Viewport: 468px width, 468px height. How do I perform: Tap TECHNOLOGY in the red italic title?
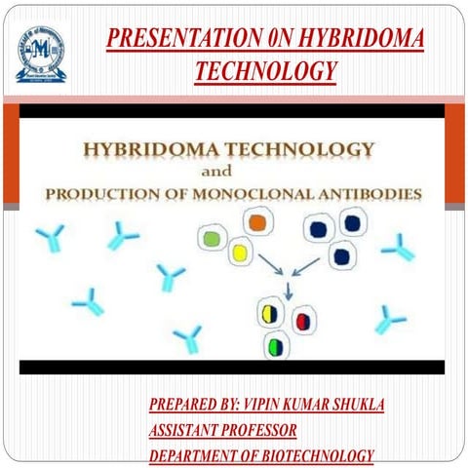pos(265,71)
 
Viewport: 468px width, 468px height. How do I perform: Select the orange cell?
pos(257,223)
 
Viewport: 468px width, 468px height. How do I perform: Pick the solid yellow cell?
pos(239,253)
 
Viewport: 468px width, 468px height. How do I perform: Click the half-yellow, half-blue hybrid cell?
pos(270,314)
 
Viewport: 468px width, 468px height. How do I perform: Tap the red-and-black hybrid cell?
pos(302,320)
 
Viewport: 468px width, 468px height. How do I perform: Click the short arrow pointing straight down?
pos(288,290)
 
